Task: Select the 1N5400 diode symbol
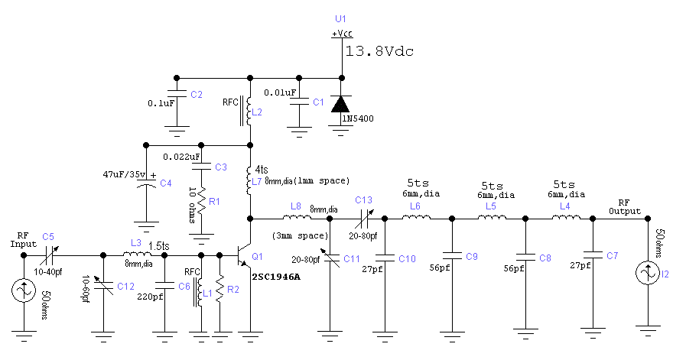coord(340,105)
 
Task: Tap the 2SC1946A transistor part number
coord(275,277)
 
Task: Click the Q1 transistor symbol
coord(245,256)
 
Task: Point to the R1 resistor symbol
coord(201,200)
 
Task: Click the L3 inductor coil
coord(136,254)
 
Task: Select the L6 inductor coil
coord(416,218)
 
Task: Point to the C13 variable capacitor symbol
coord(364,218)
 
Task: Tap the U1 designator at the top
coord(340,18)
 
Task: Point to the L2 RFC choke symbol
coord(249,111)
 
